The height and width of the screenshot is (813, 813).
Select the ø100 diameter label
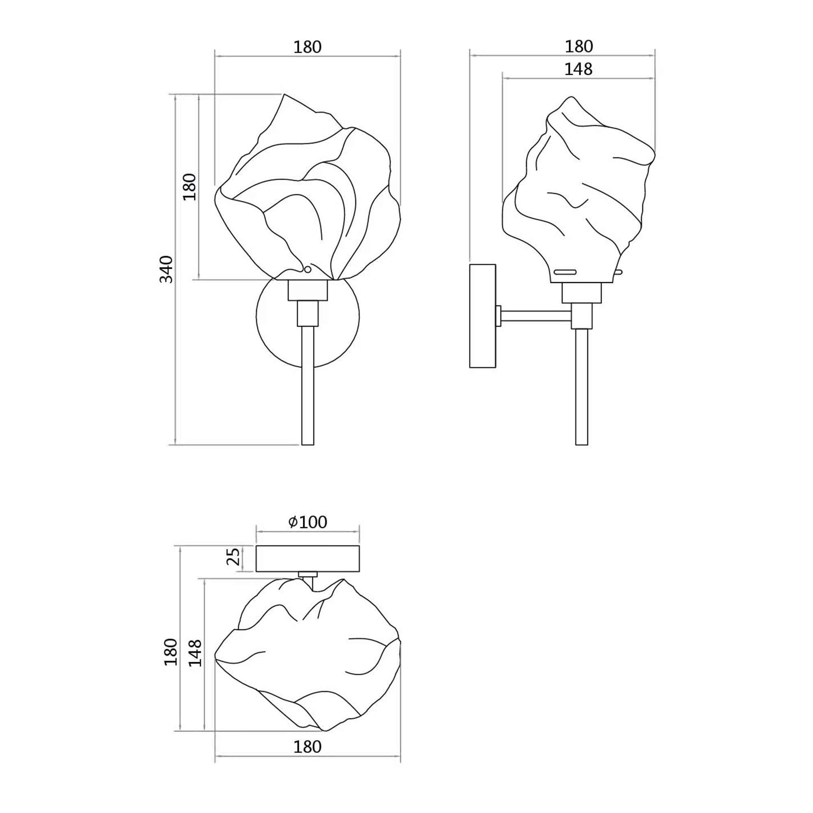pos(308,522)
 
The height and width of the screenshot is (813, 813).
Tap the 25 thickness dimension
pos(234,557)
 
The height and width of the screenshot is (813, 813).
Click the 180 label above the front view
pos(307,47)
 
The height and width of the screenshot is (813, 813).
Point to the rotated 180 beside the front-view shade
pos(190,187)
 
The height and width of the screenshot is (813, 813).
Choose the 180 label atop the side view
pos(578,47)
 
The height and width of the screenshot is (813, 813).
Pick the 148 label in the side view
pos(578,69)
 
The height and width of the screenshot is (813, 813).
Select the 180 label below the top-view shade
pos(307,746)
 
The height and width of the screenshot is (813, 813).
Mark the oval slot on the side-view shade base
pos(565,272)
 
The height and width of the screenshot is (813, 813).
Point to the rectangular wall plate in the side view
pos(482,316)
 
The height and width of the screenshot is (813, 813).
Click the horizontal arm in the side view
pos(536,316)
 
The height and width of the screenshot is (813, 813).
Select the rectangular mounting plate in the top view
pos(308,559)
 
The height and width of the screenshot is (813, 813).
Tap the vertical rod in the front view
pos(308,385)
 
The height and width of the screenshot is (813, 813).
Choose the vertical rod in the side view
pos(582,387)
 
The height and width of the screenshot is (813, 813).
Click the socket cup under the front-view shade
pos(308,290)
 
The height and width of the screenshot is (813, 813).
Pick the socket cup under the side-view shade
pos(582,293)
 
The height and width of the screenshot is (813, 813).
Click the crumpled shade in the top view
pos(308,655)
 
